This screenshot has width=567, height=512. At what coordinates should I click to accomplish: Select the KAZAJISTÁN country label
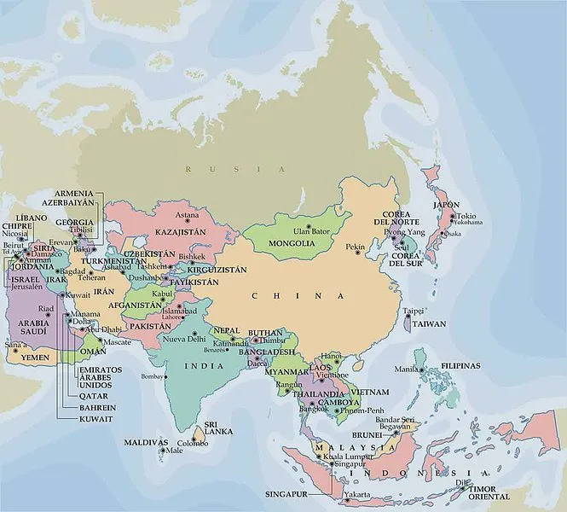pyautogui.click(x=180, y=231)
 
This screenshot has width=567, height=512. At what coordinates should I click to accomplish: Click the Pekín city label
pyautogui.click(x=355, y=247)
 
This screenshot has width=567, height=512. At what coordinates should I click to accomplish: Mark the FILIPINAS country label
pyautogui.click(x=460, y=365)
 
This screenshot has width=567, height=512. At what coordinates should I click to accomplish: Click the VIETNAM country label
pyautogui.click(x=370, y=391)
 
